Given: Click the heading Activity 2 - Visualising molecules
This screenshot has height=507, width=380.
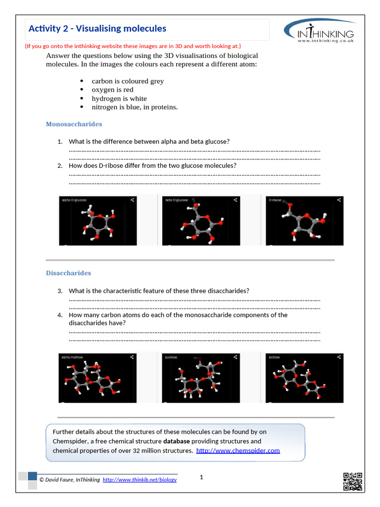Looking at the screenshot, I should point(97,29).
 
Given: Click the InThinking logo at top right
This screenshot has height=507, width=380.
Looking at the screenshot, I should point(319,32).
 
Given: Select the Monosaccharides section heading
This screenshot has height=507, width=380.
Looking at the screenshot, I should point(74,124).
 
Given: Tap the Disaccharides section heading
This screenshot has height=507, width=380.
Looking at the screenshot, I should point(68,273).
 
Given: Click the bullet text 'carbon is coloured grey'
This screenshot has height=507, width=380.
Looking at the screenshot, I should point(128,81).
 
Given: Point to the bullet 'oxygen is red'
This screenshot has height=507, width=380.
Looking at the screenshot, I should point(112,90).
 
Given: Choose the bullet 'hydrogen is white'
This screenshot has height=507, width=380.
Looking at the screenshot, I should point(119,99).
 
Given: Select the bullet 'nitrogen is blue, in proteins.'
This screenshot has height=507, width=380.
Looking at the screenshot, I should point(135,107).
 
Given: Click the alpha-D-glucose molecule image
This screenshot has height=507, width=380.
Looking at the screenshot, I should point(98,221).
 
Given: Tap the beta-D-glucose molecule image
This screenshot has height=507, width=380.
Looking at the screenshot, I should point(201,221).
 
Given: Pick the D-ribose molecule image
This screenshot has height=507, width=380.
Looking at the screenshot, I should point(304,221).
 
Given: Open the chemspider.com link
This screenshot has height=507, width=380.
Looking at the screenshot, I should point(238,451).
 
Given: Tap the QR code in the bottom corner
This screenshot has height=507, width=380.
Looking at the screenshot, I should point(352,482).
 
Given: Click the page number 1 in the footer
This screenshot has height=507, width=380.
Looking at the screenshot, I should point(202,477).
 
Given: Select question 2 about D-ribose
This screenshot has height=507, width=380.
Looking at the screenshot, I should point(152,165).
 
